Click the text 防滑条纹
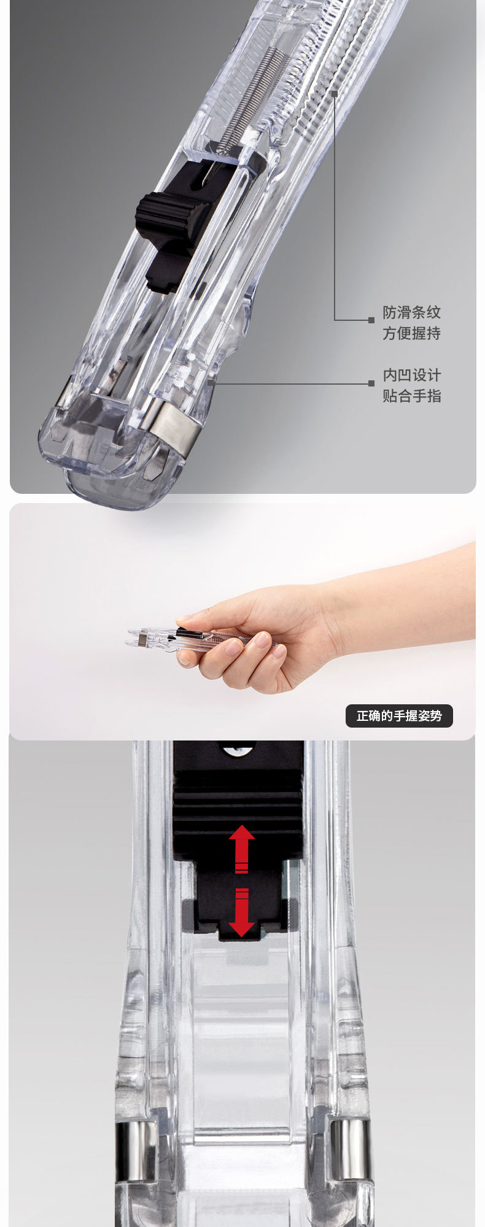pyautogui.click(x=412, y=312)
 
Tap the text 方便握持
pyautogui.click(x=412, y=333)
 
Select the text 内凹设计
pyautogui.click(x=412, y=375)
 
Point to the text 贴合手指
pyautogui.click(x=412, y=396)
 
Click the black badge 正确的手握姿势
pyautogui.click(x=399, y=716)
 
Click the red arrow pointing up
pyautogui.click(x=242, y=848)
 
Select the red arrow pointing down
pyautogui.click(x=242, y=912)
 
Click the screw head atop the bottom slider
pyautogui.click(x=238, y=748)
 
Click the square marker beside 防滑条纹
pyautogui.click(x=371, y=320)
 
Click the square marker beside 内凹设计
pyautogui.click(x=371, y=383)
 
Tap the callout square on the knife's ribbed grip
pyautogui.click(x=335, y=94)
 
